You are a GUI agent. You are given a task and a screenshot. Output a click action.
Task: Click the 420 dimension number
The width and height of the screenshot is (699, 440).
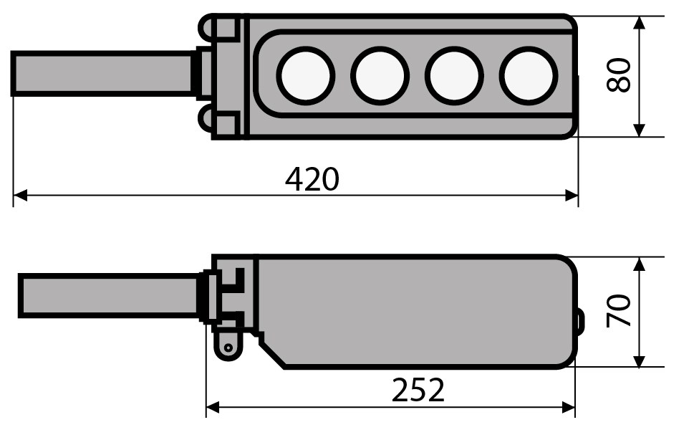click(312, 179)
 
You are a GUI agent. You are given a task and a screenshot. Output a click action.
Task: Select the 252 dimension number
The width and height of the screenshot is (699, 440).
click(418, 390)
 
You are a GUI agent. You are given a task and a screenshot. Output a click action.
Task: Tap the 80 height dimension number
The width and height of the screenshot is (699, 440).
click(619, 75)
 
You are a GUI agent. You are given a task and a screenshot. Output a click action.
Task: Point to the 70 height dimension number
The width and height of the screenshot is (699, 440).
click(619, 310)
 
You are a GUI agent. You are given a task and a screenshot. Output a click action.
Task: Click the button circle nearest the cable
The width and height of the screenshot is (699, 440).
click(305, 76)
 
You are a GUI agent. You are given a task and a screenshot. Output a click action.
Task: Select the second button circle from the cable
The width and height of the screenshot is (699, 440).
click(380, 76)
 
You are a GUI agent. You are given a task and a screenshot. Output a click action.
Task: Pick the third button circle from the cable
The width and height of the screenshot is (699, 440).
click(454, 76)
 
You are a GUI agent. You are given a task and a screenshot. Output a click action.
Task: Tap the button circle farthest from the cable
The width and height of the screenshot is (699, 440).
click(529, 76)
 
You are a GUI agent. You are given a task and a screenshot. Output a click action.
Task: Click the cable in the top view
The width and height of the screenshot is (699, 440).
click(102, 74)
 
